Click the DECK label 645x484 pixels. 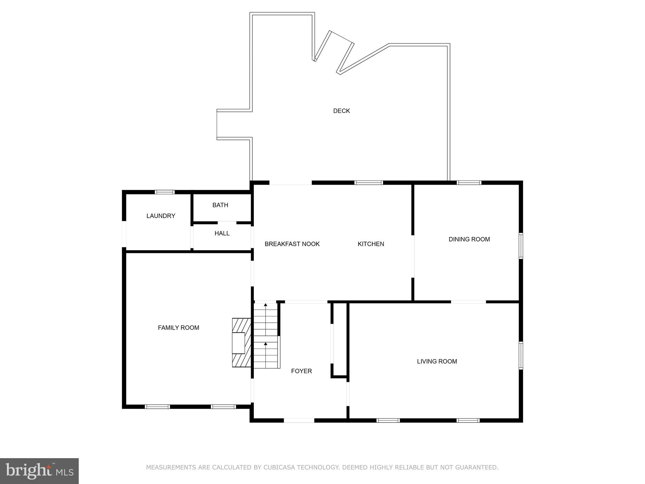pos(341,111)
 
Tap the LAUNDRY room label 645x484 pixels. pos(161,216)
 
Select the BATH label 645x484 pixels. pos(220,205)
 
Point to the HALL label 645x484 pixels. pos(222,233)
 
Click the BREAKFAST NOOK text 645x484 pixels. pos(292,244)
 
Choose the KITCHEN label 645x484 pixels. pos(371,244)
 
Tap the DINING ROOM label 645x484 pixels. pos(469,239)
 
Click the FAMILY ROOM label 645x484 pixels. pos(178,328)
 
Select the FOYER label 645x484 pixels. pos(301,371)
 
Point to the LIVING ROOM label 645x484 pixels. pos(437,361)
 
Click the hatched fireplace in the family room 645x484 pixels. pos(241,343)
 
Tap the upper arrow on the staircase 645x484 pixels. pos(265,305)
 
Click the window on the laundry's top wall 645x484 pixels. pos(165,192)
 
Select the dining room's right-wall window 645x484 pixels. pos(521,246)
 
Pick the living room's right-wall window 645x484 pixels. pos(521,355)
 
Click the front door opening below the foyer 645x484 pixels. pos(299,420)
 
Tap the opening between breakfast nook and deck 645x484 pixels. pos(290,183)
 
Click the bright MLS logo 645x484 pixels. pos(39,471)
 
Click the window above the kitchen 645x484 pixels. pos(368,182)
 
